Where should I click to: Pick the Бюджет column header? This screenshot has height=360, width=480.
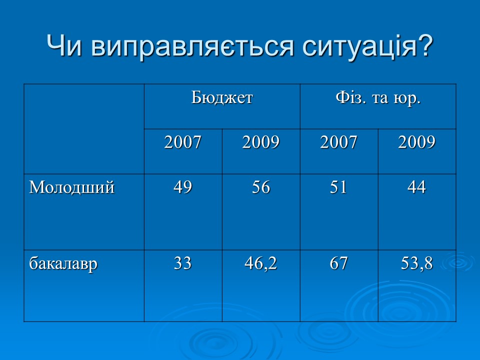222,97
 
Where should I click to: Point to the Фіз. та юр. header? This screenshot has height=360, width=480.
378,97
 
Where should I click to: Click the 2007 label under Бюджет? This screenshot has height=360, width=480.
183,143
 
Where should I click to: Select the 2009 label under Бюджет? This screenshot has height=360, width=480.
261,143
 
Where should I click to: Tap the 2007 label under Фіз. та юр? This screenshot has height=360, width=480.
339,143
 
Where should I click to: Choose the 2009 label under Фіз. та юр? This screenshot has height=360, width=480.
417,143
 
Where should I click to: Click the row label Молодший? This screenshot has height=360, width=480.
72,187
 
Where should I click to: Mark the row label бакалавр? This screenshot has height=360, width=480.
63,263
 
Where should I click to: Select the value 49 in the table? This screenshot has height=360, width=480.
183,187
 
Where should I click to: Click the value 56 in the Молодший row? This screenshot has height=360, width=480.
261,187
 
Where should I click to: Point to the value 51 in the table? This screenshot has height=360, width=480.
339,187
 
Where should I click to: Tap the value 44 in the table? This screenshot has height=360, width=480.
417,187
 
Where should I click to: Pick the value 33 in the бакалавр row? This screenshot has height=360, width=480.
183,263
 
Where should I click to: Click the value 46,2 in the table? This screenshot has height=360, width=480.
261,263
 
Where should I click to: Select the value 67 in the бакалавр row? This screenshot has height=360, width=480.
339,263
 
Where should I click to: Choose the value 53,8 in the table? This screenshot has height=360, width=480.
417,263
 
